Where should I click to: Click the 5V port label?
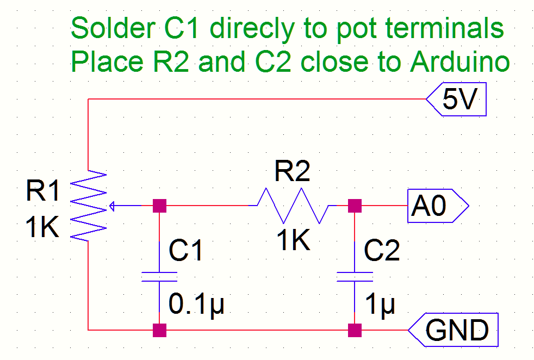460,102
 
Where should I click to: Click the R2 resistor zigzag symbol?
291,206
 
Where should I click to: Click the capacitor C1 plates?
159,277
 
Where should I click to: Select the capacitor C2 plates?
355,277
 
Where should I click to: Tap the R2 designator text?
293,172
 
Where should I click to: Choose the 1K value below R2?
294,240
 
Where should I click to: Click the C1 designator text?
186,250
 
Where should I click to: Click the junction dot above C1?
159,206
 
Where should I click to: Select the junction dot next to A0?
355,206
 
